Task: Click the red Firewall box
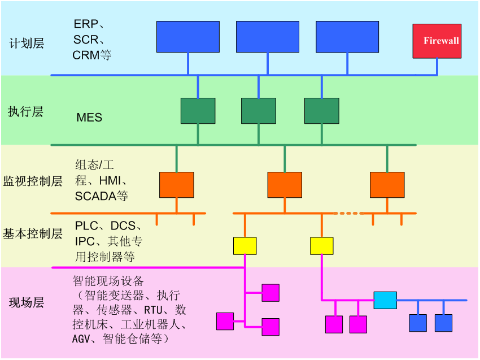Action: [x=437, y=41]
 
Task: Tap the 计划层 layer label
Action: [x=27, y=44]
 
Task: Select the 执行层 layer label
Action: [x=26, y=111]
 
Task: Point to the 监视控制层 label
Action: [x=33, y=181]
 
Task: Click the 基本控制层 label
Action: [x=33, y=233]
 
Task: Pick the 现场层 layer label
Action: [x=27, y=302]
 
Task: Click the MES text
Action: [x=89, y=118]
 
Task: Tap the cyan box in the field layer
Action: [x=385, y=300]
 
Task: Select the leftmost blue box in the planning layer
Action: [x=187, y=37]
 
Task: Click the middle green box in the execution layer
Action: [x=259, y=111]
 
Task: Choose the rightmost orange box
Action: [x=387, y=185]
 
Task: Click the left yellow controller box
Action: [x=245, y=246]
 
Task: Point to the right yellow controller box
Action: [x=321, y=246]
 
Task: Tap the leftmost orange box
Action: [x=177, y=185]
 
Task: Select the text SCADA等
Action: [x=102, y=196]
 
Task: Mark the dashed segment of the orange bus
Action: [x=349, y=213]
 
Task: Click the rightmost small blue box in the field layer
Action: [x=443, y=323]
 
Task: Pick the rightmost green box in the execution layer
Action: [x=322, y=111]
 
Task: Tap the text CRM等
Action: [x=92, y=55]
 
